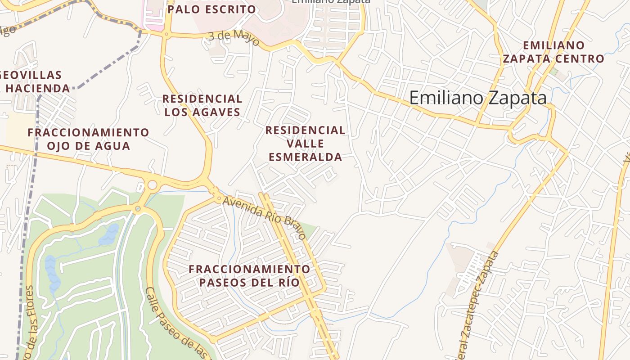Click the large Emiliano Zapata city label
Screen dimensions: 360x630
click(x=478, y=98)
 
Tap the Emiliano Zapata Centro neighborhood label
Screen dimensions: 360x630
click(x=553, y=52)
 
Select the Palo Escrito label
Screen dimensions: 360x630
click(x=211, y=9)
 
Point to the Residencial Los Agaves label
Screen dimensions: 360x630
click(x=202, y=105)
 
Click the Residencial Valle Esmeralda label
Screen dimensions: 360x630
click(x=305, y=144)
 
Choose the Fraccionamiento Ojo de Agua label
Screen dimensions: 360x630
click(x=88, y=139)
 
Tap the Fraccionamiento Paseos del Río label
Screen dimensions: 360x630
click(x=249, y=276)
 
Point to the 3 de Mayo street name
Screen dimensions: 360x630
click(x=234, y=38)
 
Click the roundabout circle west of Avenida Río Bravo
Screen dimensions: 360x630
click(x=152, y=185)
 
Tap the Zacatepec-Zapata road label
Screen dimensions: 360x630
click(x=479, y=297)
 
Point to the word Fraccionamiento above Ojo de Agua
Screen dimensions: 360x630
click(x=88, y=132)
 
